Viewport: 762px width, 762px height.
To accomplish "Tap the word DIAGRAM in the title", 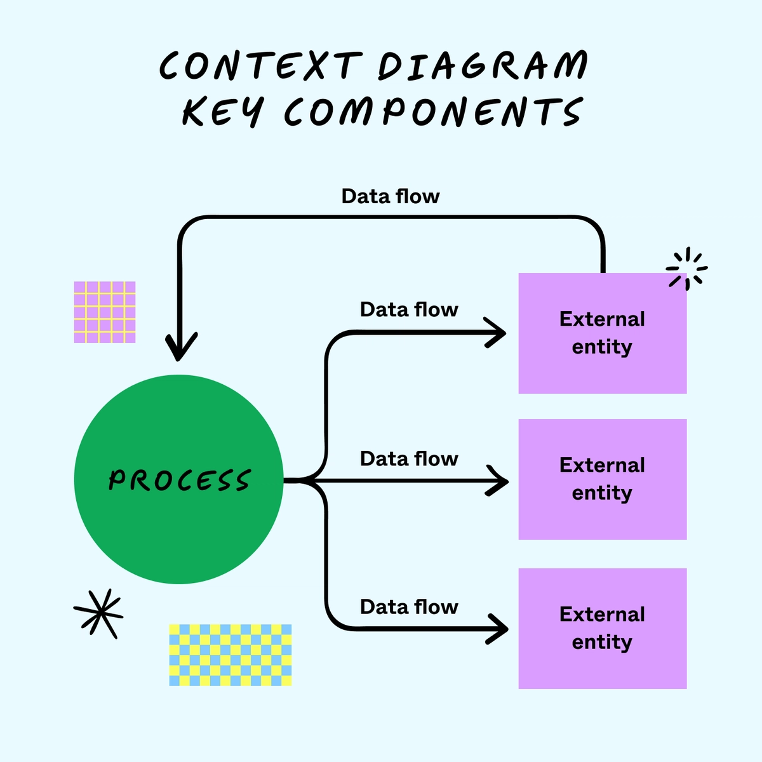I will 483,65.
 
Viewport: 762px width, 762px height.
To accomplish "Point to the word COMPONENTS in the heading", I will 433,112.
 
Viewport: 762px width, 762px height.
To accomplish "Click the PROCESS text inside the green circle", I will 180,480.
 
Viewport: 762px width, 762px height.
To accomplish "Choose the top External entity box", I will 602,333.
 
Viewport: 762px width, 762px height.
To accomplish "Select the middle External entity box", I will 602,479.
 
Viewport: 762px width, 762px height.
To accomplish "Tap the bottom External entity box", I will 602,629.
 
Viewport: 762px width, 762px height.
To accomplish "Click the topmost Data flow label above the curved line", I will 391,196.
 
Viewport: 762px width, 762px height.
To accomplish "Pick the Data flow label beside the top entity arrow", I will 409,309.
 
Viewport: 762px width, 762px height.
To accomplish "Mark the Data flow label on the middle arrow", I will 409,458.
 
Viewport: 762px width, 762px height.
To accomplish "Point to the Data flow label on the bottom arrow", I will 409,607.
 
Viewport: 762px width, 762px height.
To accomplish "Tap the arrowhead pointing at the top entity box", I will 497,333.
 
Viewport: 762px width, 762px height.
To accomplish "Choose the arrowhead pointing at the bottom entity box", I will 498,629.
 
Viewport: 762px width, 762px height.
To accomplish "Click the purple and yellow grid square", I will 105,312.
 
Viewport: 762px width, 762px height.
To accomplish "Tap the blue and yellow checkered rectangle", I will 231,655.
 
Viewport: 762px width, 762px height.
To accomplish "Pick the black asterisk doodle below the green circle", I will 98,613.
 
